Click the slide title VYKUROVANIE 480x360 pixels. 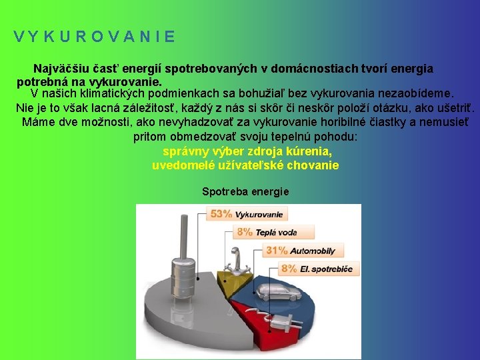click(94, 37)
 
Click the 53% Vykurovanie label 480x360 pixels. click(247, 215)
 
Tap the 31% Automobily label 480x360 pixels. click(301, 251)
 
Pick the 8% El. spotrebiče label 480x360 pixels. click(319, 269)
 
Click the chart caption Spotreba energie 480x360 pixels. click(245, 191)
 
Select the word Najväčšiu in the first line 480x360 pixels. click(59, 69)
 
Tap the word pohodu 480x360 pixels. click(333, 137)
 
